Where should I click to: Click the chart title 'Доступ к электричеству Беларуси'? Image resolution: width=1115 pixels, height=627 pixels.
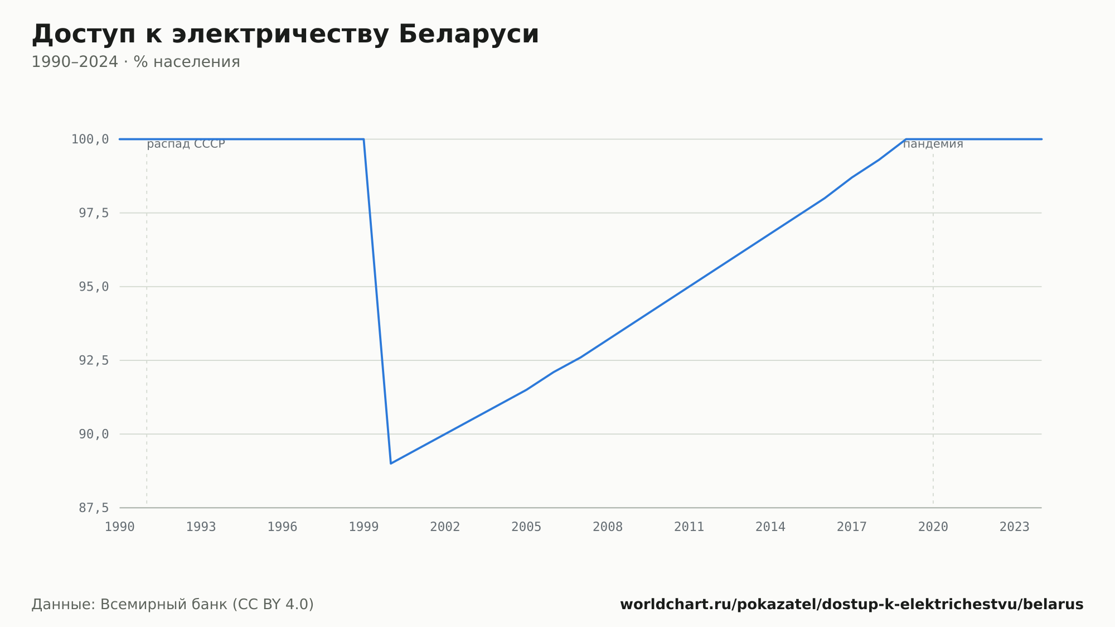tap(285, 35)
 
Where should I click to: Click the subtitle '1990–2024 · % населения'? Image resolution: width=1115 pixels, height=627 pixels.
tap(135, 62)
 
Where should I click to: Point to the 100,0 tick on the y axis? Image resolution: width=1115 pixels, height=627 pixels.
tap(90, 139)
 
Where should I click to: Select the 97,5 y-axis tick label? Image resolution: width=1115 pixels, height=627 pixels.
tap(94, 213)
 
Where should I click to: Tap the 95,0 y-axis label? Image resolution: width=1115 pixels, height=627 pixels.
tap(94, 287)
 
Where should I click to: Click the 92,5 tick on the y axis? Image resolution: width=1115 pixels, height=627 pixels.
tap(94, 360)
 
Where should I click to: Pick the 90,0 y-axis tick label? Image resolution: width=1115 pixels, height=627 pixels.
tap(94, 434)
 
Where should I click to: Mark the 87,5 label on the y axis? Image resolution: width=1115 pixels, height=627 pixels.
tap(94, 508)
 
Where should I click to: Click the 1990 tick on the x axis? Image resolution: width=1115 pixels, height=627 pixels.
tap(120, 527)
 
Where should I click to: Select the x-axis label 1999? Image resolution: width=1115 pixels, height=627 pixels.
tap(363, 527)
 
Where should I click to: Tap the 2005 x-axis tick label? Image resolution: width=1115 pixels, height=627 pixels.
tap(526, 527)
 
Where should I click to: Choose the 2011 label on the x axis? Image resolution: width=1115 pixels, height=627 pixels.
tap(689, 527)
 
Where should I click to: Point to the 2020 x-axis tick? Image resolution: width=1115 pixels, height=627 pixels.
tap(933, 527)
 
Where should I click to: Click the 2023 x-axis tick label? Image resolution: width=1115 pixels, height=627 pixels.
tap(1015, 527)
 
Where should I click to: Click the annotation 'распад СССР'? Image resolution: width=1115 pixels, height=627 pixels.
tap(186, 144)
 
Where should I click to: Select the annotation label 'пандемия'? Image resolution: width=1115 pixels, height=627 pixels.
tap(933, 144)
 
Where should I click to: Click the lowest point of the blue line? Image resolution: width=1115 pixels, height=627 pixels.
tap(391, 464)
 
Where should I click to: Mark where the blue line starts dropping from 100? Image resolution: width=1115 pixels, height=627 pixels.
tap(363, 139)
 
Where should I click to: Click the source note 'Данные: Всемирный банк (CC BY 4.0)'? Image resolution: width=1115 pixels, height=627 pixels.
tap(173, 605)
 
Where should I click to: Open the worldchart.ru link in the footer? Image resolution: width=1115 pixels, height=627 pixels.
tap(852, 605)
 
